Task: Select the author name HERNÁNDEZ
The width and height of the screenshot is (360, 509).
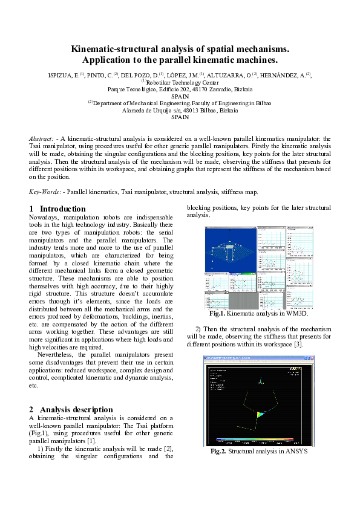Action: (x=284, y=75)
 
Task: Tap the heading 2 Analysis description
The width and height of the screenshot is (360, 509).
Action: (x=71, y=409)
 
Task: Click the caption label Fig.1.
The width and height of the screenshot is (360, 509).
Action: (x=217, y=314)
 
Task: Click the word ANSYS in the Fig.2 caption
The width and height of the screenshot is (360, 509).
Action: (x=295, y=451)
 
